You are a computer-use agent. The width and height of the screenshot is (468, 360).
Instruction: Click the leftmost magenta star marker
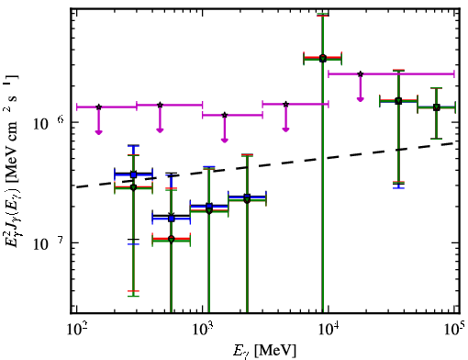coord(98,107)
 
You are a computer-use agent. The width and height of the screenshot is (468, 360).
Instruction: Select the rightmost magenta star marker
coord(361,74)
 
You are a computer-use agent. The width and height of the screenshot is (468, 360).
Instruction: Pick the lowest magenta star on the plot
coord(225,115)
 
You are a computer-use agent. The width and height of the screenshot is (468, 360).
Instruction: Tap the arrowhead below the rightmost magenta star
coord(361,99)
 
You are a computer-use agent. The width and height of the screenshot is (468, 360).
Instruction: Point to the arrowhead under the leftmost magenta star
coord(98,132)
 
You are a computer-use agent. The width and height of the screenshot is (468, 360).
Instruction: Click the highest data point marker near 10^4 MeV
coord(323,58)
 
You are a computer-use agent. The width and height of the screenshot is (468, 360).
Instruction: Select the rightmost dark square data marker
coord(437,107)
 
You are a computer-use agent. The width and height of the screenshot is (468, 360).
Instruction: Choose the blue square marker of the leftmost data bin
coord(133,174)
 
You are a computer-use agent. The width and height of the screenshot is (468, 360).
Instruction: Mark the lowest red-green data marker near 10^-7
coord(172,239)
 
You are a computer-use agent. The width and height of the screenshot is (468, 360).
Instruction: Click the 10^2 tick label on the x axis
coord(77,330)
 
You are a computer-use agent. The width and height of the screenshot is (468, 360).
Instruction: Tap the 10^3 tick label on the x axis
coord(203,330)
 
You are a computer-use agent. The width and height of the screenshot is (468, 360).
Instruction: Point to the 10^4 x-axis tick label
coord(329,330)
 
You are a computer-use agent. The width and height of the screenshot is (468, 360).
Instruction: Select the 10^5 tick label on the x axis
coord(455,329)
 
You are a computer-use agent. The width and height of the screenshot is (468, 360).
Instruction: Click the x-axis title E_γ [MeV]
coord(265,351)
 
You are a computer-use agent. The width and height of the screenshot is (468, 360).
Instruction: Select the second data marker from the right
coord(398,101)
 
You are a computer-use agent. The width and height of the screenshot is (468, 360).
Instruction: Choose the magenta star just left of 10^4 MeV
coord(285,104)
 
